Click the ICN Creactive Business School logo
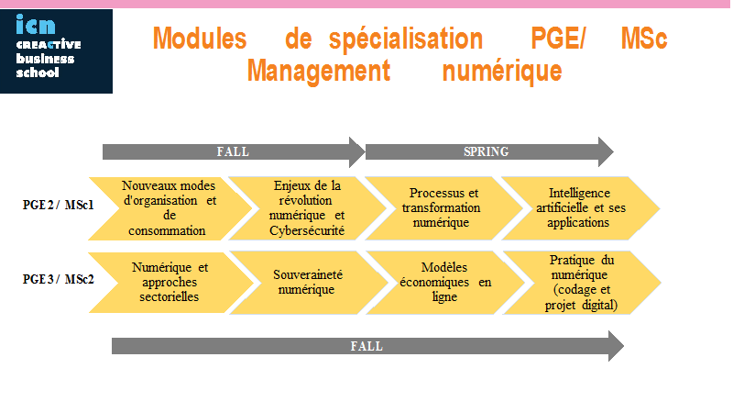pyautogui.click(x=56, y=51)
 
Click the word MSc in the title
pyautogui.click(x=644, y=39)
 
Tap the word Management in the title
pyautogui.click(x=318, y=71)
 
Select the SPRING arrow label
pyautogui.click(x=486, y=151)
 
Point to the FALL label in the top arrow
pyautogui.click(x=233, y=151)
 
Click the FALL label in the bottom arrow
pyautogui.click(x=366, y=346)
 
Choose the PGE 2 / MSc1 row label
pyautogui.click(x=59, y=205)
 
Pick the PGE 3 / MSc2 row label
pyautogui.click(x=59, y=279)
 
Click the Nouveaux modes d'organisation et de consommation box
pyautogui.click(x=170, y=208)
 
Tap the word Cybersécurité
pyautogui.click(x=307, y=231)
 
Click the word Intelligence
pyautogui.click(x=579, y=193)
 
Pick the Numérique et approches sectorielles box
pyautogui.click(x=171, y=283)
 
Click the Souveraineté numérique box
pyautogui.click(x=309, y=283)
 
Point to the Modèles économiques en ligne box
pyautogui.click(x=445, y=283)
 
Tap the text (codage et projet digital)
pyautogui.click(x=581, y=297)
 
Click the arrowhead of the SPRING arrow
pyautogui.click(x=606, y=151)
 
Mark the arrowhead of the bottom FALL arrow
pyautogui.click(x=616, y=346)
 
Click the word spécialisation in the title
pyautogui.click(x=406, y=39)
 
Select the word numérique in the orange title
pyautogui.click(x=502, y=72)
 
